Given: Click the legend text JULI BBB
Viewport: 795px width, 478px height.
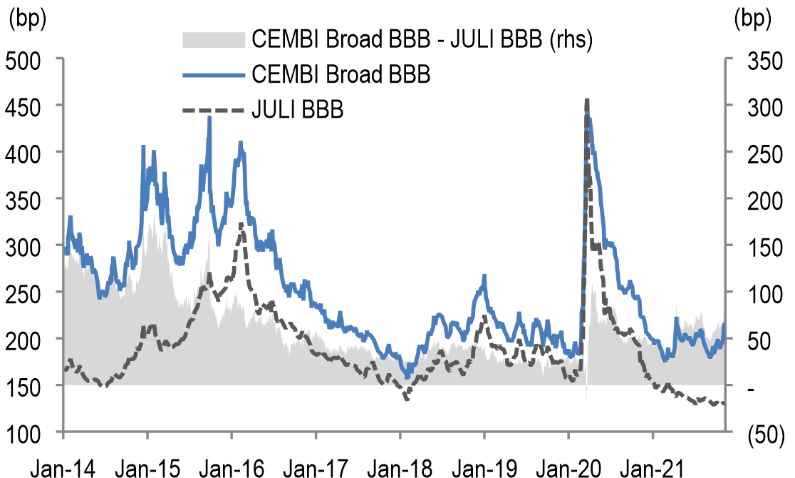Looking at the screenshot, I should pyautogui.click(x=298, y=111).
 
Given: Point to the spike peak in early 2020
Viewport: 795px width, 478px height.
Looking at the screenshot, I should pyautogui.click(x=586, y=100).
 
